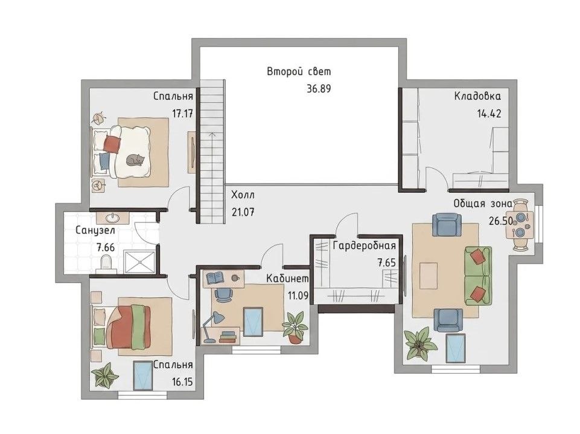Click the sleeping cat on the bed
(x=135, y=160)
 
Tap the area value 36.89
(x=319, y=89)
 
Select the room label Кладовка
(x=477, y=96)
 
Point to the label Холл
(x=243, y=195)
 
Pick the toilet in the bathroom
(x=106, y=264)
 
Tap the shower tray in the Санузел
(x=139, y=262)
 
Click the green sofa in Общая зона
(x=478, y=276)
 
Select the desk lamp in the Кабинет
(x=212, y=326)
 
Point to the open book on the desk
(x=214, y=277)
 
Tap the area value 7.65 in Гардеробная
(x=386, y=263)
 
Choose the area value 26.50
(x=500, y=221)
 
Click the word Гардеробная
(x=365, y=246)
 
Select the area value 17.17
(x=183, y=113)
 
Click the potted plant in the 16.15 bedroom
(x=105, y=375)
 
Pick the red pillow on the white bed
(x=112, y=144)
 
